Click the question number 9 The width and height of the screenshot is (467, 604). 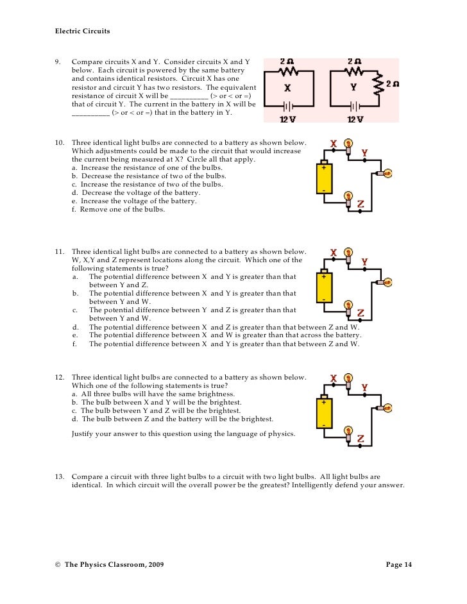point(58,62)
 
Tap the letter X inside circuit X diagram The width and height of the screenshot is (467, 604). point(287,88)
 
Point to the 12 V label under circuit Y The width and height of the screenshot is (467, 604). point(355,119)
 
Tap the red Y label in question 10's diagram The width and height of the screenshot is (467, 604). point(364,152)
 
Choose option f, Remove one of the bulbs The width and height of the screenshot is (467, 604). point(118,210)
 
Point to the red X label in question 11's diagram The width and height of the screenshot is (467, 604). point(334,253)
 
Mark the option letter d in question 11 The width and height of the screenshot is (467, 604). point(75,327)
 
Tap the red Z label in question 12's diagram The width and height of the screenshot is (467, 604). point(361,439)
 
